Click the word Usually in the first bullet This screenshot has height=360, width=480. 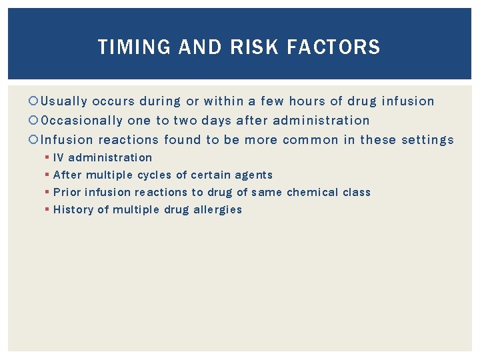(x=64, y=101)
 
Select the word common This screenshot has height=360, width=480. (x=311, y=140)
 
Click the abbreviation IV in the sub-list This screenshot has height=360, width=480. (x=59, y=158)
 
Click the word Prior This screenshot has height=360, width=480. (x=65, y=193)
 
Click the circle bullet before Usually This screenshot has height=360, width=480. (x=35, y=101)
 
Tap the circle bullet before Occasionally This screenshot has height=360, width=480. (x=35, y=121)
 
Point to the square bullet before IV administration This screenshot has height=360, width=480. (x=49, y=158)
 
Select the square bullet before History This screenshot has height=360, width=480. (x=49, y=210)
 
